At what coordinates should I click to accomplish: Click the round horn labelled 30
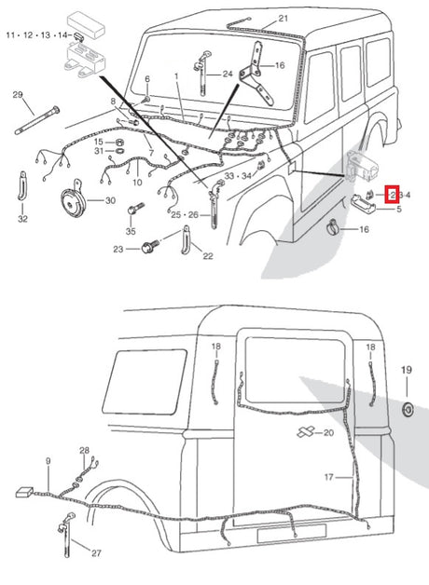pyautogui.click(x=74, y=200)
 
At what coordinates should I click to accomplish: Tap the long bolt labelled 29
pyautogui.click(x=37, y=120)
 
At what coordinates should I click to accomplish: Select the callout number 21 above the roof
pyautogui.click(x=284, y=19)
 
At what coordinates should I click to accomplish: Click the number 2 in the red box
pyautogui.click(x=393, y=195)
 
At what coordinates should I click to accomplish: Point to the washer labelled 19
pyautogui.click(x=408, y=409)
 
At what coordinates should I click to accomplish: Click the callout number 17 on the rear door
pyautogui.click(x=328, y=477)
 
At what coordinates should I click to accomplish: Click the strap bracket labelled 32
pyautogui.click(x=22, y=185)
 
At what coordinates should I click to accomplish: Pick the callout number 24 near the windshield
pyautogui.click(x=228, y=74)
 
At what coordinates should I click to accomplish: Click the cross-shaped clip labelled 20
pyautogui.click(x=306, y=431)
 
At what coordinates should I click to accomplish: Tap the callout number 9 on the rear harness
pyautogui.click(x=48, y=461)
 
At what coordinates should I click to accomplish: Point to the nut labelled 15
pyautogui.click(x=118, y=143)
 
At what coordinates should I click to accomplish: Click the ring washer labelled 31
pyautogui.click(x=119, y=151)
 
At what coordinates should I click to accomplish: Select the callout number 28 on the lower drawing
pyautogui.click(x=84, y=450)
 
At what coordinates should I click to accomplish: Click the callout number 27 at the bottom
pyautogui.click(x=96, y=552)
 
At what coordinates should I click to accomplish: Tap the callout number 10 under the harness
pyautogui.click(x=137, y=183)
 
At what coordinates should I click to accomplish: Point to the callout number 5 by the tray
pyautogui.click(x=399, y=209)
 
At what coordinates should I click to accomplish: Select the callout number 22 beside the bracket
pyautogui.click(x=208, y=256)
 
